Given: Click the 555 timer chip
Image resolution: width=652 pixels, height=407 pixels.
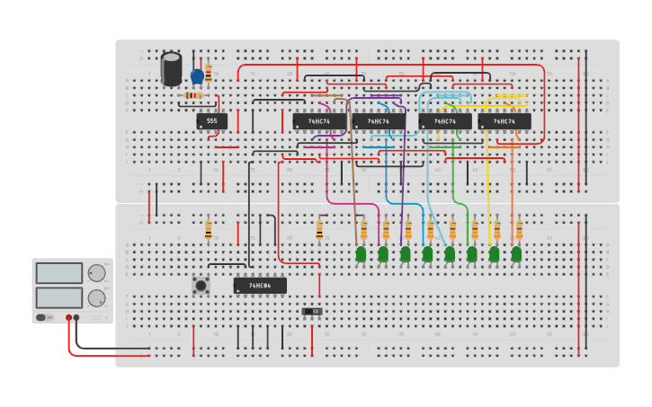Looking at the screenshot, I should [x=211, y=120].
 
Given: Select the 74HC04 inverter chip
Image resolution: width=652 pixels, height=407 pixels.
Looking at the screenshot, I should [x=260, y=286].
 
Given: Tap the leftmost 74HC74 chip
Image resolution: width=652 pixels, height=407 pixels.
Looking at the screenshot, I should [x=319, y=120].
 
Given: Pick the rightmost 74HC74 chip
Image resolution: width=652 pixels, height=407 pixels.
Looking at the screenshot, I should [x=504, y=120].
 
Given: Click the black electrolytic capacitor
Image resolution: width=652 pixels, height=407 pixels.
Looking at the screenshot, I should [x=171, y=68].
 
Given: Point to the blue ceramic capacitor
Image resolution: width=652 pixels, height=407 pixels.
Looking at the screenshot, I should [x=197, y=75].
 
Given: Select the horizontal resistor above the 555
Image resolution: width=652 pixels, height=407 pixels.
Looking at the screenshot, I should [x=193, y=95].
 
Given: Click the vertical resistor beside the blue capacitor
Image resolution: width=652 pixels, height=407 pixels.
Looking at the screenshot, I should [x=209, y=72].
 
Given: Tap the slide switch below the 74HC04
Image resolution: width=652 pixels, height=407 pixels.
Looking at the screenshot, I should [x=311, y=312].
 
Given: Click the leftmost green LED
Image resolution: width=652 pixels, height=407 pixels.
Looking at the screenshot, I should [x=361, y=254].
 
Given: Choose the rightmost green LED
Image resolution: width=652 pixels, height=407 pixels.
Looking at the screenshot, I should [x=516, y=254].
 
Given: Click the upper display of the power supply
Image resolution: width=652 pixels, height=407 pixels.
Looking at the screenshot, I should [x=59, y=273].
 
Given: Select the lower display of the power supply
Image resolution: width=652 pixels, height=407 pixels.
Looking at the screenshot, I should [x=59, y=297].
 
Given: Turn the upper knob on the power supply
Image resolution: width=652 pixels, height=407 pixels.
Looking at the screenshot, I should [x=96, y=273].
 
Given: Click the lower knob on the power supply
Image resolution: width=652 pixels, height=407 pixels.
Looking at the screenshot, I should [x=96, y=298].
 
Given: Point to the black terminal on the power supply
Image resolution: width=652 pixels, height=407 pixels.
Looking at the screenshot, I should [x=76, y=317].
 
